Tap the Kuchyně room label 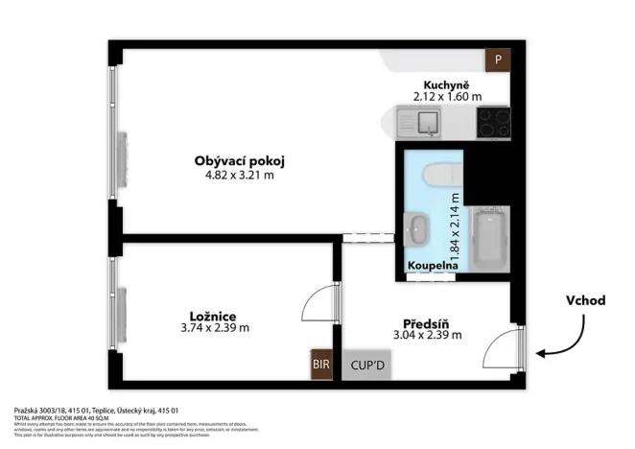click(446, 84)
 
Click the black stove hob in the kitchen click(493, 122)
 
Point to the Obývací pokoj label click(239, 160)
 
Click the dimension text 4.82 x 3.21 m click(239, 175)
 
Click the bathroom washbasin click(419, 229)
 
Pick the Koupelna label click(431, 266)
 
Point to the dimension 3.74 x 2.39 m click(214, 328)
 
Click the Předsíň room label click(428, 322)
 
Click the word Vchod click(585, 300)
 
